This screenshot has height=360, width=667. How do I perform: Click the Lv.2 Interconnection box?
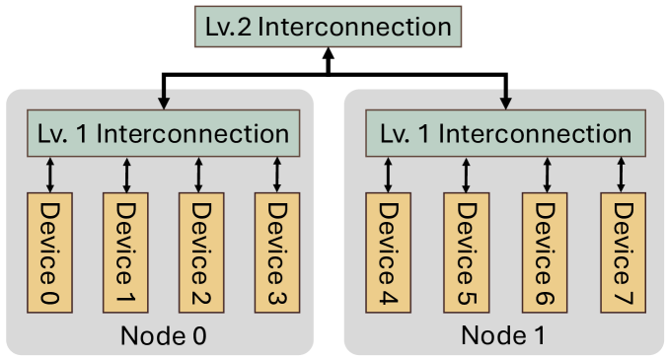point(329,27)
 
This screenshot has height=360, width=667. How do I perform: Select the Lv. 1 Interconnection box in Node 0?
point(163,133)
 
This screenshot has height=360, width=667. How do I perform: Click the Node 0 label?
point(164,335)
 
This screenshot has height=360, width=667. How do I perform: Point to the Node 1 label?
point(503,335)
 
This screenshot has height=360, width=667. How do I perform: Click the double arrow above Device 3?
point(277,175)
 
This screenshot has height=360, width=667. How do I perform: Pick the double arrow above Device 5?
point(465,175)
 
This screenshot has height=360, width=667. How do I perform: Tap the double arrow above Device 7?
point(621,175)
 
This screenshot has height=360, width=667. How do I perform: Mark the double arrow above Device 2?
point(200,175)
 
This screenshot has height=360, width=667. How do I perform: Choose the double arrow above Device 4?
point(388,175)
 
